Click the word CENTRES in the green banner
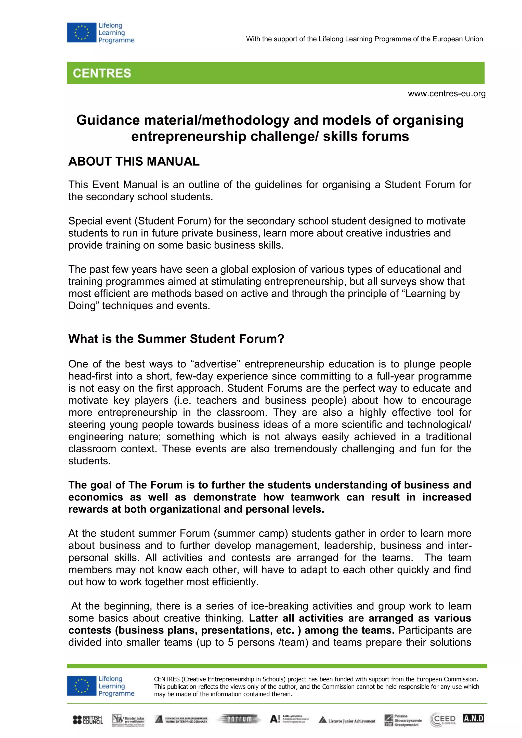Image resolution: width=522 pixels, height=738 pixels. [x=102, y=73]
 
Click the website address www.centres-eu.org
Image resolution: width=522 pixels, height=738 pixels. [x=447, y=94]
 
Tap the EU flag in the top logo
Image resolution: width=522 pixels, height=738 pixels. [x=82, y=32]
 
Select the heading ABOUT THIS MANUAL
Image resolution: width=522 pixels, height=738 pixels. [x=134, y=161]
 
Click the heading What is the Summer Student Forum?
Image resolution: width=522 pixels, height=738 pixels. [x=176, y=339]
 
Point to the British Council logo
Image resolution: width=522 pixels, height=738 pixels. [x=88, y=720]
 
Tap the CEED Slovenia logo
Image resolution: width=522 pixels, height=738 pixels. [x=443, y=720]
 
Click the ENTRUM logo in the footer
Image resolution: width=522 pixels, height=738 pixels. [x=239, y=719]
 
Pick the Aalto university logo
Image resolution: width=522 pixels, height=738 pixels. [x=289, y=719]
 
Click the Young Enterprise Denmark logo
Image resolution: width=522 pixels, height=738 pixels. [x=181, y=719]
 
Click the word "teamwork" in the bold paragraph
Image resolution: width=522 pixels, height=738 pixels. [x=315, y=497]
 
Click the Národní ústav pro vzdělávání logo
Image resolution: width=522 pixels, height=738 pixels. [x=128, y=720]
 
